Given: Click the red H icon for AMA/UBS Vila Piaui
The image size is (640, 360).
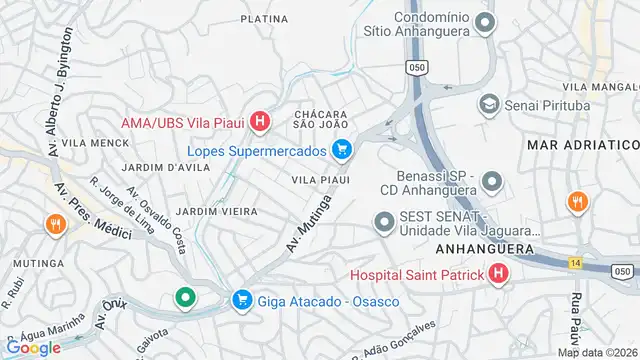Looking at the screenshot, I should (260, 123).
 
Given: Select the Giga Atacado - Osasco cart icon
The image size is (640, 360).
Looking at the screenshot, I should (241, 300).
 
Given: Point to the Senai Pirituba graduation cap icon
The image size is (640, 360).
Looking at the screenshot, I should (489, 104).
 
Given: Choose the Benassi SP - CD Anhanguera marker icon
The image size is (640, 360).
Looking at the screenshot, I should (491, 182).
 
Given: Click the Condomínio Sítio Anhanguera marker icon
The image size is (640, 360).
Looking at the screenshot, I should (486, 22).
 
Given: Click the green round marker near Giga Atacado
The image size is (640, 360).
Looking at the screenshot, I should (185, 297).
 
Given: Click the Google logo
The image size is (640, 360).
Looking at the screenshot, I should (32, 347).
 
